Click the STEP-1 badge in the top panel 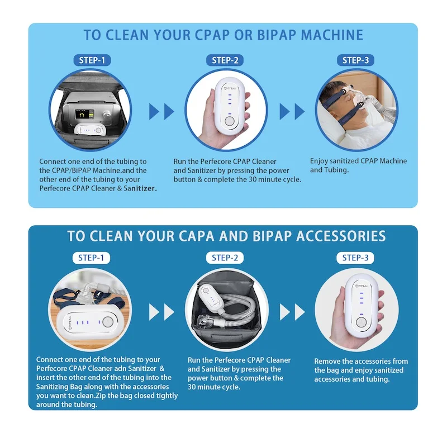[92, 60]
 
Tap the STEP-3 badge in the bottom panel [355, 258]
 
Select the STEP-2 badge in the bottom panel [225, 258]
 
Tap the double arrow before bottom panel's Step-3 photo [292, 311]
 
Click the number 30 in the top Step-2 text [271, 179]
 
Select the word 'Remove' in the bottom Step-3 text [328, 362]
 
